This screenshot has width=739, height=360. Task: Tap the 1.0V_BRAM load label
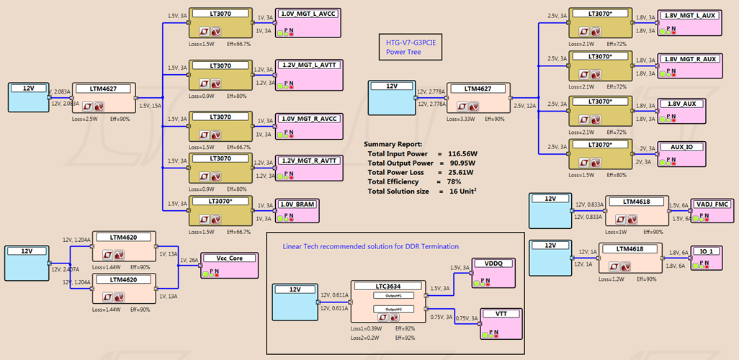[299, 204]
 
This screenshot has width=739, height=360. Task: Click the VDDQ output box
[496, 271]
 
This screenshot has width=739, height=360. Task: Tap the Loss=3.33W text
[460, 119]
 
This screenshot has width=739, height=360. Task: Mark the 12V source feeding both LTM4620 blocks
[27, 263]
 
